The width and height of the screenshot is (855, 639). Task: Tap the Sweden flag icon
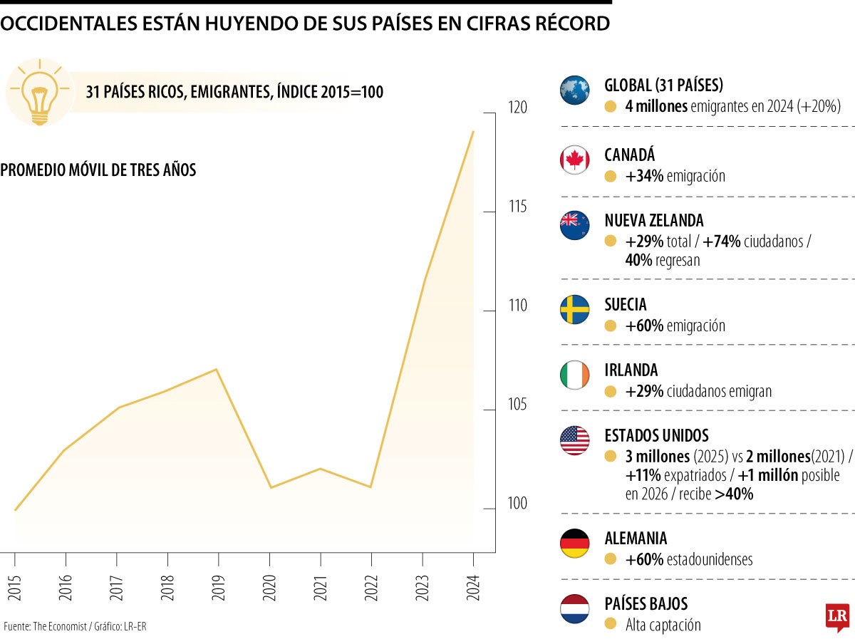pyautogui.click(x=575, y=310)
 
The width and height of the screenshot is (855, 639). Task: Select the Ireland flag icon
pyautogui.click(x=575, y=375)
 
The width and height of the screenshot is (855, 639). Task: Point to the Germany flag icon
pyautogui.click(x=575, y=544)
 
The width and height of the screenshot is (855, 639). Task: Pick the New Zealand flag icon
pyautogui.click(x=575, y=225)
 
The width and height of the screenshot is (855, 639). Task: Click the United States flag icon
pyautogui.click(x=575, y=440)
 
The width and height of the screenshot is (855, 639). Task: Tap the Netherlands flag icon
pyautogui.click(x=575, y=609)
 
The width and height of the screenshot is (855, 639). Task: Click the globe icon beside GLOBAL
pyautogui.click(x=575, y=90)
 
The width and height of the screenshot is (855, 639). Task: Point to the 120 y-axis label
pyautogui.click(x=518, y=108)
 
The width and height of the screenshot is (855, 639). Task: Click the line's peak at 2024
pyautogui.click(x=473, y=131)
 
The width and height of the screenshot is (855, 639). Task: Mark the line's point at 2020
pyautogui.click(x=269, y=487)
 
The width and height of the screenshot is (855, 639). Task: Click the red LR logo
pyautogui.click(x=838, y=617)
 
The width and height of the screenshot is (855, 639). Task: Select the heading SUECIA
pyautogui.click(x=626, y=305)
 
